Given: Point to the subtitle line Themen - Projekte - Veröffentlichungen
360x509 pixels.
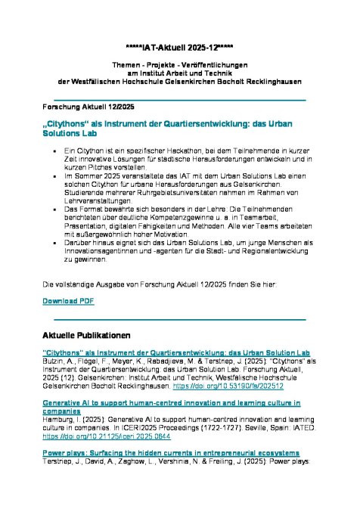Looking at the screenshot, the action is (x=180, y=66).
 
